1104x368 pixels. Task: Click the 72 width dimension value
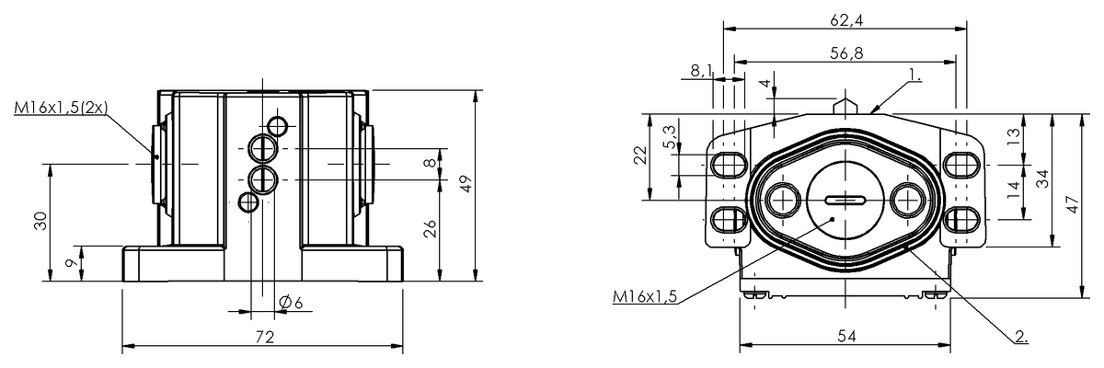coord(265,338)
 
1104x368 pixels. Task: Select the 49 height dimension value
coord(467,184)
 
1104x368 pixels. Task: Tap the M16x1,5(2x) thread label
coord(62,109)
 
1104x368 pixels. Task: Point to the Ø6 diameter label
coord(292,303)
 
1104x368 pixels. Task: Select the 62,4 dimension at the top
coord(845,17)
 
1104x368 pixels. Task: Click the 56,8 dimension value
coord(845,53)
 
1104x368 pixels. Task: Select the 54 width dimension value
coord(846,337)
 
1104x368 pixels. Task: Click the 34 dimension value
coord(1042,180)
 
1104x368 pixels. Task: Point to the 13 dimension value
coord(1013,136)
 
